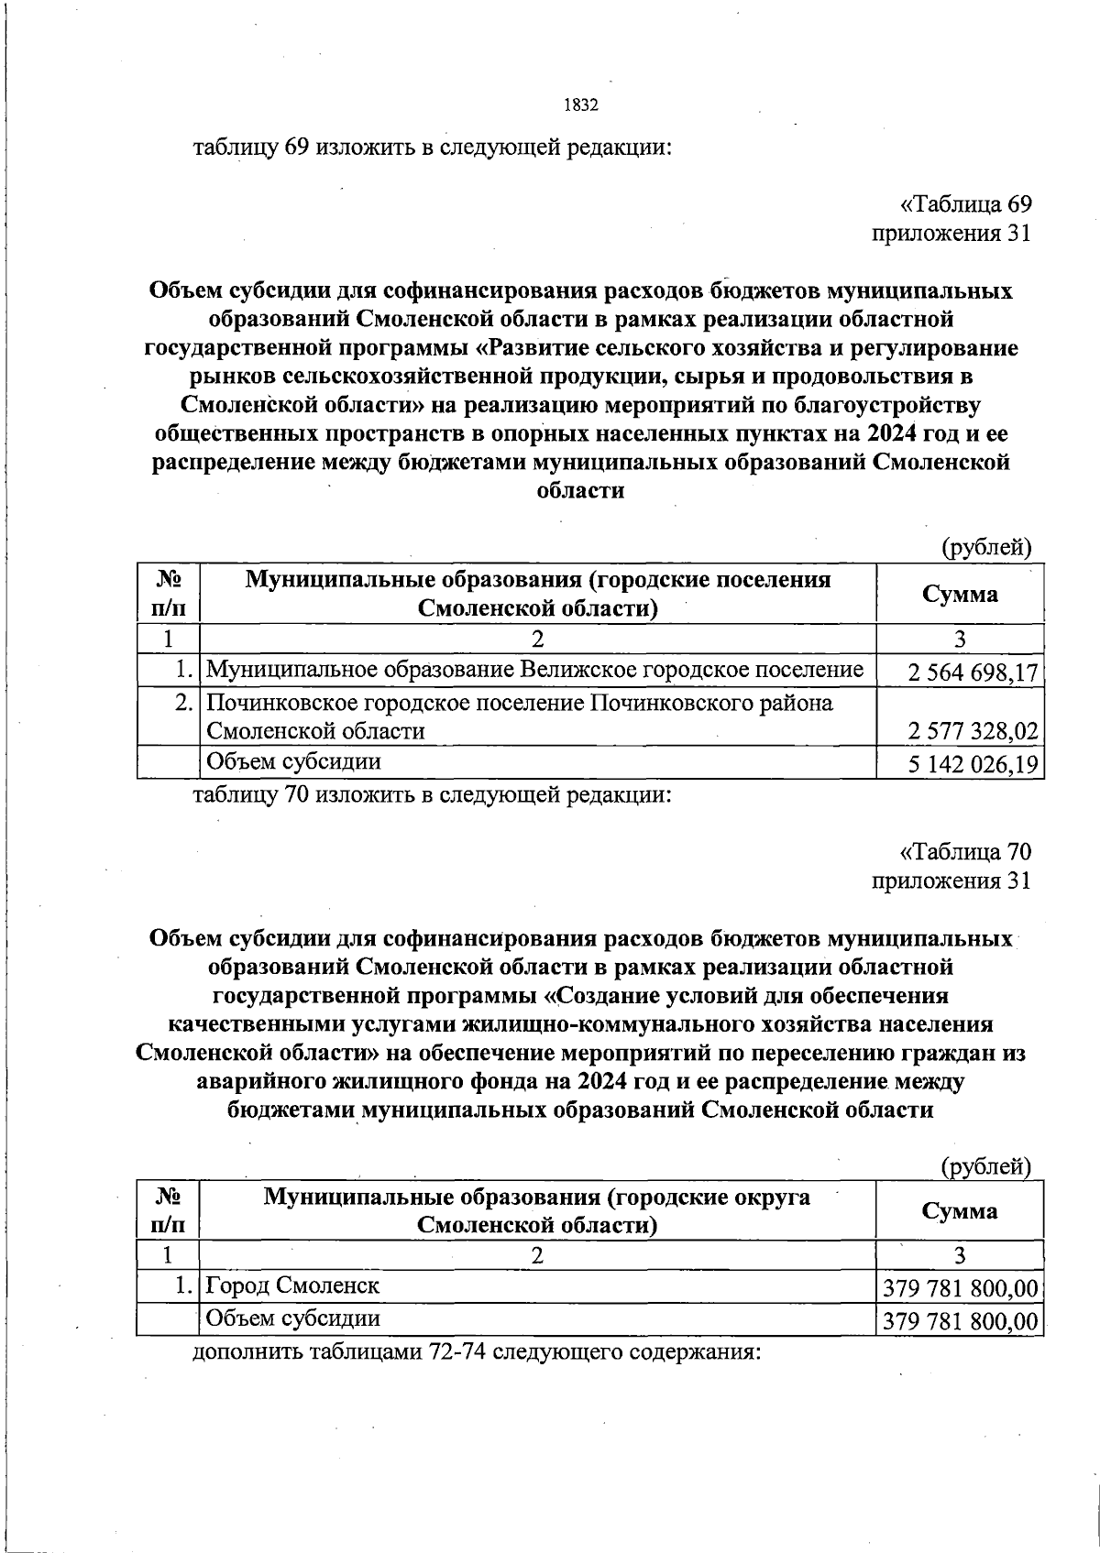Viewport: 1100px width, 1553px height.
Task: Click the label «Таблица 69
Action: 964,205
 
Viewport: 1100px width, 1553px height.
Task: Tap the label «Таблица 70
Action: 964,852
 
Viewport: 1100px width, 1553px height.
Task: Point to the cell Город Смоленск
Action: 292,1285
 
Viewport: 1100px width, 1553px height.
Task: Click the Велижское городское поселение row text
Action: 534,671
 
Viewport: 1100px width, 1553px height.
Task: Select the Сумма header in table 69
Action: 960,594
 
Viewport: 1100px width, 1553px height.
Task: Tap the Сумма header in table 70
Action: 960,1210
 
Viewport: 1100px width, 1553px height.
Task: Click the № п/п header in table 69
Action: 168,594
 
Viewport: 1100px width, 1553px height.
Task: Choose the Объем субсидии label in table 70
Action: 292,1318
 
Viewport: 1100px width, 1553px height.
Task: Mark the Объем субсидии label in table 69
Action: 292,762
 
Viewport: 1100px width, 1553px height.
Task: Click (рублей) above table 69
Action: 986,548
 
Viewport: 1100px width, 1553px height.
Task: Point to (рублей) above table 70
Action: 986,1166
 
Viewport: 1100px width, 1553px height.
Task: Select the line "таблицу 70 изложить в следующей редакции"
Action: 432,794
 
